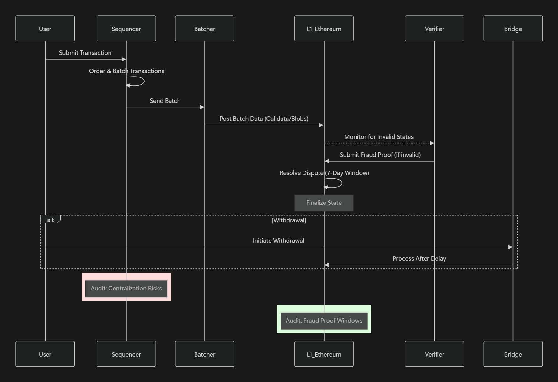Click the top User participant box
(x=45, y=29)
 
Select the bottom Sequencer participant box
(x=126, y=354)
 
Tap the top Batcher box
(x=205, y=29)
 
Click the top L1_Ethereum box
(x=324, y=29)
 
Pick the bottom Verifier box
(x=434, y=354)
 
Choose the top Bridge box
(x=513, y=29)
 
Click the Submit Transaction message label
(x=85, y=53)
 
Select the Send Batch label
(x=165, y=101)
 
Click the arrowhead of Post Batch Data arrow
(x=321, y=125)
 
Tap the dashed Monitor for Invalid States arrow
(x=377, y=143)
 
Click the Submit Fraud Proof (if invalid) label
(x=380, y=155)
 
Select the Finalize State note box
(x=324, y=203)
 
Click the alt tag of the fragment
(x=50, y=220)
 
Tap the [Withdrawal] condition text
(x=289, y=220)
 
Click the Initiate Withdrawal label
(x=278, y=241)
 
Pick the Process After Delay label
(x=419, y=258)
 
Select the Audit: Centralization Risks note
(x=126, y=288)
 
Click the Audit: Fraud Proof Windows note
(x=324, y=320)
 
